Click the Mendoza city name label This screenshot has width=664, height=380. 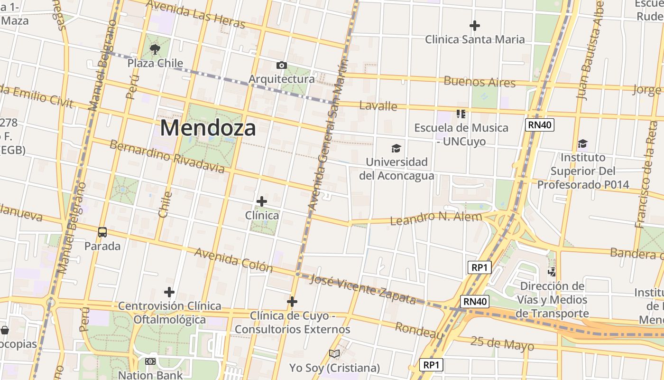coord(208,128)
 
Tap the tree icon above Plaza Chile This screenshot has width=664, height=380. coord(155,49)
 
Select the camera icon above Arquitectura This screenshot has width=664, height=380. coord(282,65)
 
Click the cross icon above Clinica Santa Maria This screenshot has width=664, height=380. coord(474,25)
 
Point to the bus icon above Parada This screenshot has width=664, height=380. coord(102,232)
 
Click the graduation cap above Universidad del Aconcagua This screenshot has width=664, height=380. coord(396,149)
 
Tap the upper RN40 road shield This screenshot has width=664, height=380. coord(540,125)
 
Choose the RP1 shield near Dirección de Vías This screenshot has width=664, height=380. coord(479,267)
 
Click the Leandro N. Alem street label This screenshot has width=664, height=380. coord(435,218)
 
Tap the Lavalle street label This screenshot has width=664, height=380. coord(378,105)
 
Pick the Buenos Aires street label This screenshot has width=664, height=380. coord(479,82)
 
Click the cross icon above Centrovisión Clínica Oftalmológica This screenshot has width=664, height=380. coord(169,292)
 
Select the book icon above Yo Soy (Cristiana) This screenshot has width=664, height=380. coord(334,353)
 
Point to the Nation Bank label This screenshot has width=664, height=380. coord(150,375)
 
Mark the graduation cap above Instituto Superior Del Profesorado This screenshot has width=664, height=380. coord(582,143)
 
